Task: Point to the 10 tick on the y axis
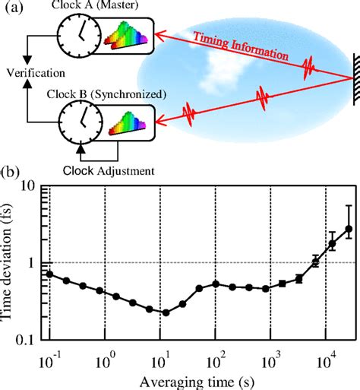[33, 185]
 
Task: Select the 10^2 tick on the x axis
[215, 358]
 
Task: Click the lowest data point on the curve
[166, 312]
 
